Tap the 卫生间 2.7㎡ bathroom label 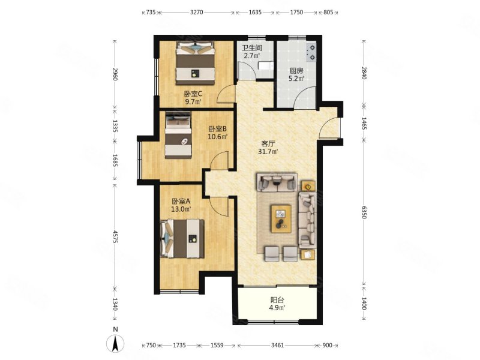[252, 52]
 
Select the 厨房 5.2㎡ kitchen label [296, 74]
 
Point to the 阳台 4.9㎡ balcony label [278, 304]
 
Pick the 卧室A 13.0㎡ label [181, 205]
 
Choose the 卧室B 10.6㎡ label [218, 133]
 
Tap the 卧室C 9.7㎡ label [193, 98]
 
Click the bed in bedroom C [195, 63]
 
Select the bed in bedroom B [178, 135]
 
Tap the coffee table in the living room [281, 219]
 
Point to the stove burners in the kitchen [311, 52]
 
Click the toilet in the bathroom [265, 65]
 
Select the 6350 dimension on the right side [364, 212]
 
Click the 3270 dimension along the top [197, 12]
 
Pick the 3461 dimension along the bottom [278, 346]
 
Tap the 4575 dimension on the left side [115, 236]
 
